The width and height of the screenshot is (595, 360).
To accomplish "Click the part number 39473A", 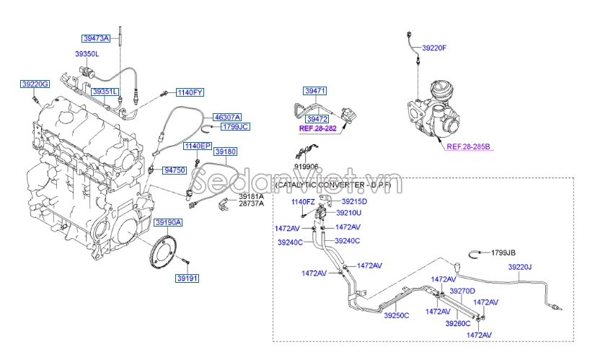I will [x=95, y=38].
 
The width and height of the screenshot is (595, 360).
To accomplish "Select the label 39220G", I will [x=34, y=84].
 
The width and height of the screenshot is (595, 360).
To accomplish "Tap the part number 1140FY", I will [x=191, y=92].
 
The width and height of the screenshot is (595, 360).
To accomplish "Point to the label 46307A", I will [x=226, y=117].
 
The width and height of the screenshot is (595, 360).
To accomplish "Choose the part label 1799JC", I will [x=234, y=127].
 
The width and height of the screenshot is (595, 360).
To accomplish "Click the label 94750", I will [x=175, y=170].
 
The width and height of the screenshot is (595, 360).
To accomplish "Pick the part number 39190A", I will [x=168, y=222].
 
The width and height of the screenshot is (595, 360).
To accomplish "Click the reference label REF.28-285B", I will [x=468, y=147].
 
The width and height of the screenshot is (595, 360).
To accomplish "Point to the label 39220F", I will [x=434, y=48].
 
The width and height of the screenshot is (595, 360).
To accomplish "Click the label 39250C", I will [x=396, y=315].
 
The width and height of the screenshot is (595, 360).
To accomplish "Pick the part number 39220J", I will [x=519, y=267].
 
